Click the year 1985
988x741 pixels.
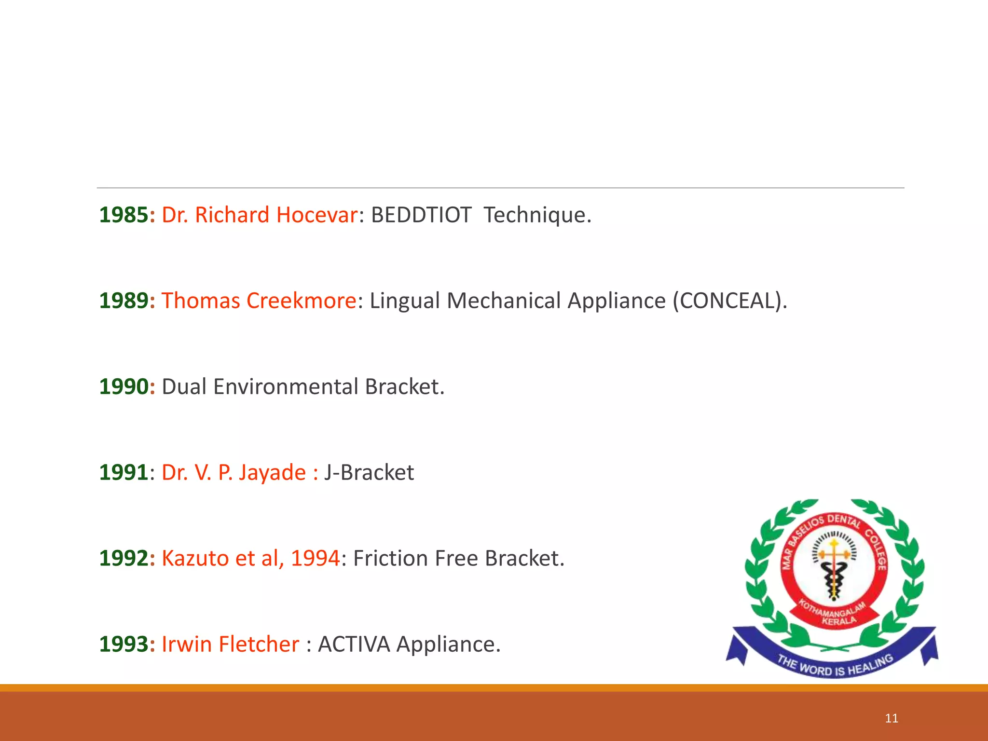pos(123,215)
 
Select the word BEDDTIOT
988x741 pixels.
pos(421,215)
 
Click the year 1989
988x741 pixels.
pos(123,301)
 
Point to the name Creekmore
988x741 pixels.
pos(301,301)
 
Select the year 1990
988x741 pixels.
pos(123,387)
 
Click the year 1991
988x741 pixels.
pos(123,473)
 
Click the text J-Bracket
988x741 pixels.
pos(369,473)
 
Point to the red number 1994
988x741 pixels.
pos(316,559)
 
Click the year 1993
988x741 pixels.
pos(123,645)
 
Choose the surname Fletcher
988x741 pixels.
pos(259,645)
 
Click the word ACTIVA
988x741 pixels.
pos(354,645)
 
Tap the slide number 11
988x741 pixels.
pos(892,718)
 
